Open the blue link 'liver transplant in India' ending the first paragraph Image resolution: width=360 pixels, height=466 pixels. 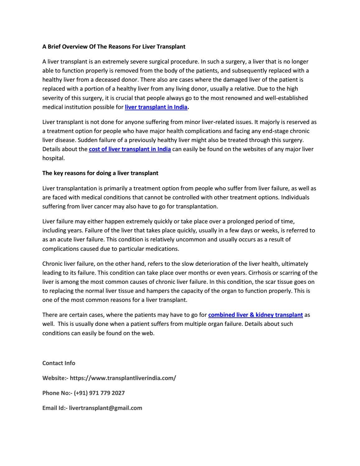(x=156, y=107)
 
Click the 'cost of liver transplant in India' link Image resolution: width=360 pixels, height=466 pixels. (x=130, y=149)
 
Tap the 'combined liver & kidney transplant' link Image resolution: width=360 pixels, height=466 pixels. (x=255, y=315)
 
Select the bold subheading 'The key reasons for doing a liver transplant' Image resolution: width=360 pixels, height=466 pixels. (x=100, y=173)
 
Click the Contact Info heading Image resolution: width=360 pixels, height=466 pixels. (x=59, y=363)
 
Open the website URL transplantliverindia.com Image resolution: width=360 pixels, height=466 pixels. (x=123, y=378)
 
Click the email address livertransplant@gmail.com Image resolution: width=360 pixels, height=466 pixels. (x=105, y=408)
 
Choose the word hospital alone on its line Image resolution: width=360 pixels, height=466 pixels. (x=54, y=158)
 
